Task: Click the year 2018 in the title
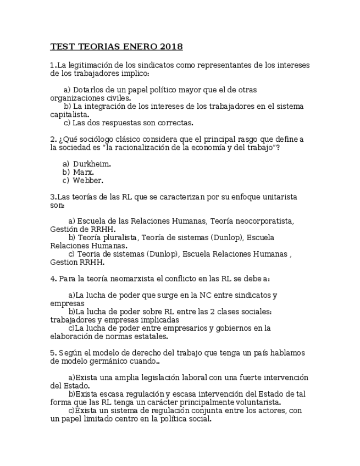tap(172, 47)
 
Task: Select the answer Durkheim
tap(92, 164)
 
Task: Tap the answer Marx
tap(84, 172)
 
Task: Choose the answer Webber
tap(88, 180)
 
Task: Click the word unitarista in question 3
tap(277, 197)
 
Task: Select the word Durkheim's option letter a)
tap(66, 164)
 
